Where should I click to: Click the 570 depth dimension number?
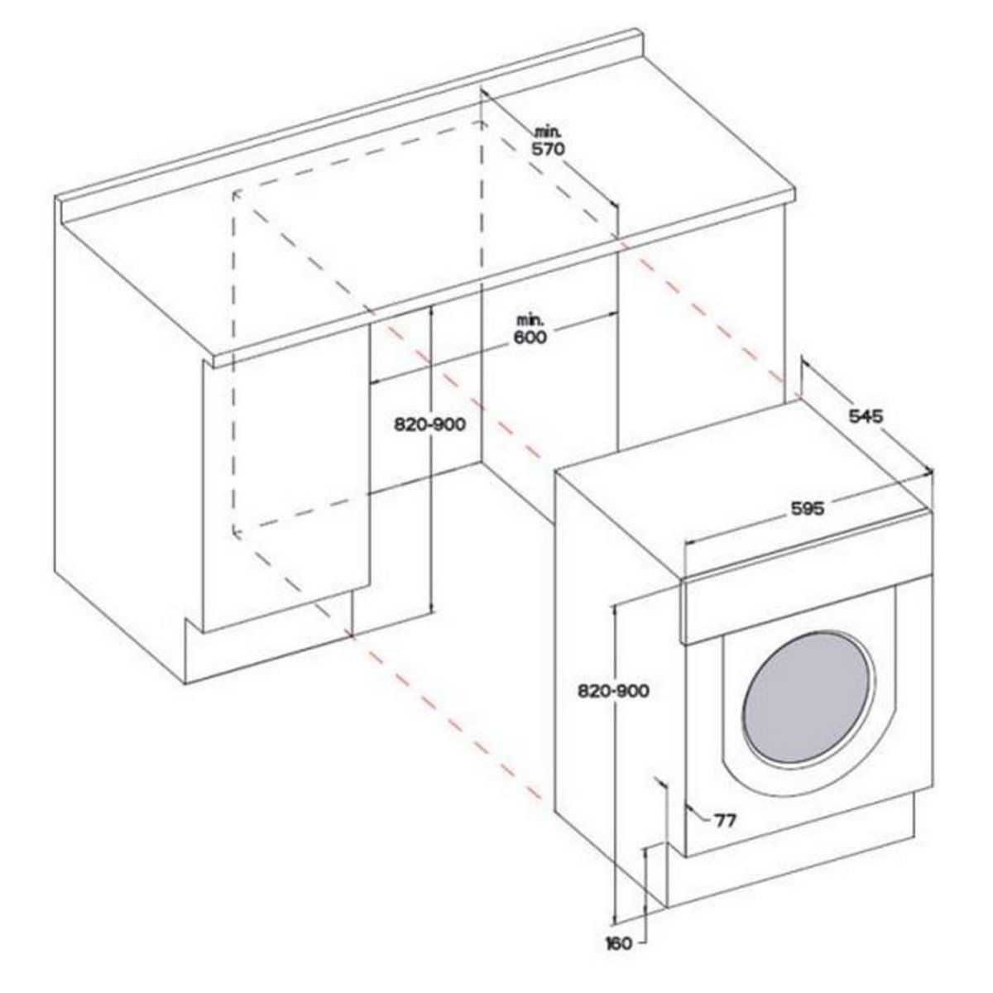point(548,150)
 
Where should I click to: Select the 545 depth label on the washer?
point(867,415)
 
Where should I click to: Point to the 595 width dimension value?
point(807,510)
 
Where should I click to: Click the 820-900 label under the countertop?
point(426,425)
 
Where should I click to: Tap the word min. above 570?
point(547,132)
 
